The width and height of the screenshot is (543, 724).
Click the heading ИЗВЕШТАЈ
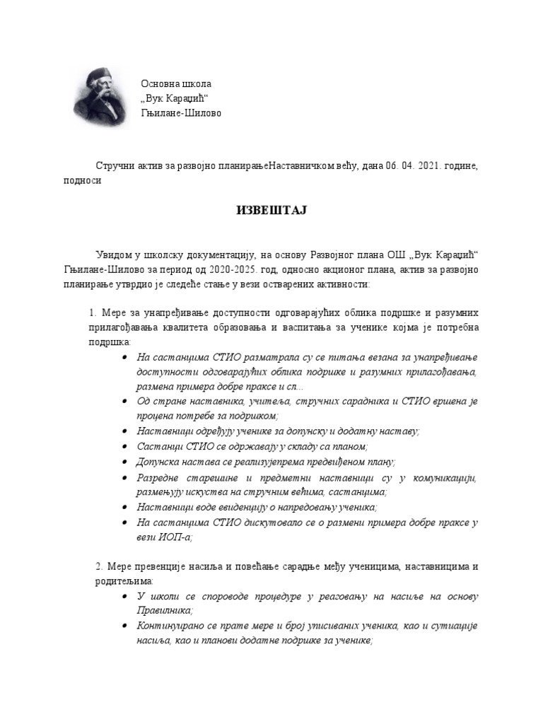[x=271, y=210]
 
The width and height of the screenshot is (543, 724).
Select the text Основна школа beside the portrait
[x=176, y=83]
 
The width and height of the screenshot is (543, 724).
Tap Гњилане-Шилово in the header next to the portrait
[x=181, y=112]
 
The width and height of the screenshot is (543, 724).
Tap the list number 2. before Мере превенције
[x=99, y=566]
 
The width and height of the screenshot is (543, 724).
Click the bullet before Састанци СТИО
[x=125, y=447]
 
